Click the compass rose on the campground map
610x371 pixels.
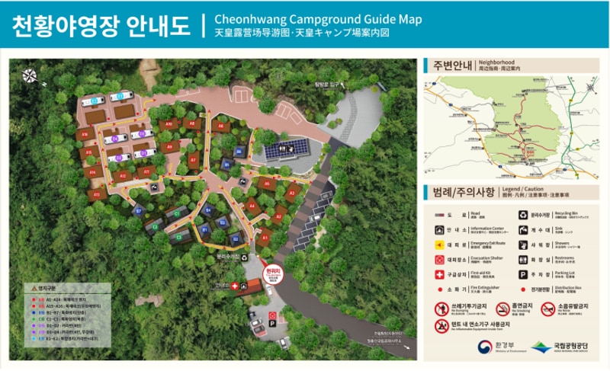click(x=30, y=75)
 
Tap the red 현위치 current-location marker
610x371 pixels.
click(x=272, y=273)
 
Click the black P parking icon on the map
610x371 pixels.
click(x=272, y=323)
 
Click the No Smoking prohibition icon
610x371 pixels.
click(x=502, y=309)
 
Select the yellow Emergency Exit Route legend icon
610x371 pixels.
click(x=439, y=245)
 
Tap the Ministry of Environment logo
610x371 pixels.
click(x=484, y=347)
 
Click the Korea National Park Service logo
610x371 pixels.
click(x=542, y=347)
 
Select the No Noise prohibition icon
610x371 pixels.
click(x=547, y=309)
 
